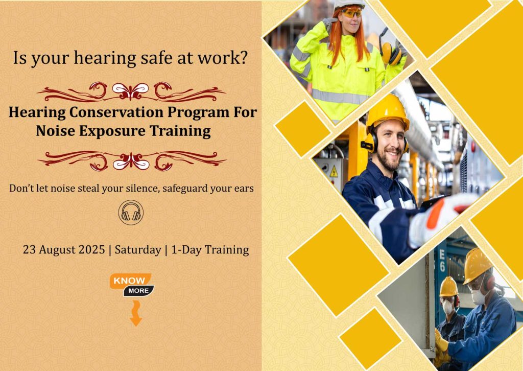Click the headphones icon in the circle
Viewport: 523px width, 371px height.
pos(131,213)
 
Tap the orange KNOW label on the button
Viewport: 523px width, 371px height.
pos(129,281)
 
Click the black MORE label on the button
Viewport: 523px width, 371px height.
pos(138,291)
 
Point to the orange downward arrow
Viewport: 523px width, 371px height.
pos(135,313)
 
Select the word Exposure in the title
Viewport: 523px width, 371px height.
pos(112,130)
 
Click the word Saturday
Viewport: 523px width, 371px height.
pos(138,250)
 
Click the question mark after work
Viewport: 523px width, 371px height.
pos(244,57)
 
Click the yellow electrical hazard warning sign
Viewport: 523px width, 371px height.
pos(334,171)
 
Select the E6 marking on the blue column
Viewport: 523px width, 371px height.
pos(442,260)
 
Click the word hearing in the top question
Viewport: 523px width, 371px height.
pos(105,58)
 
